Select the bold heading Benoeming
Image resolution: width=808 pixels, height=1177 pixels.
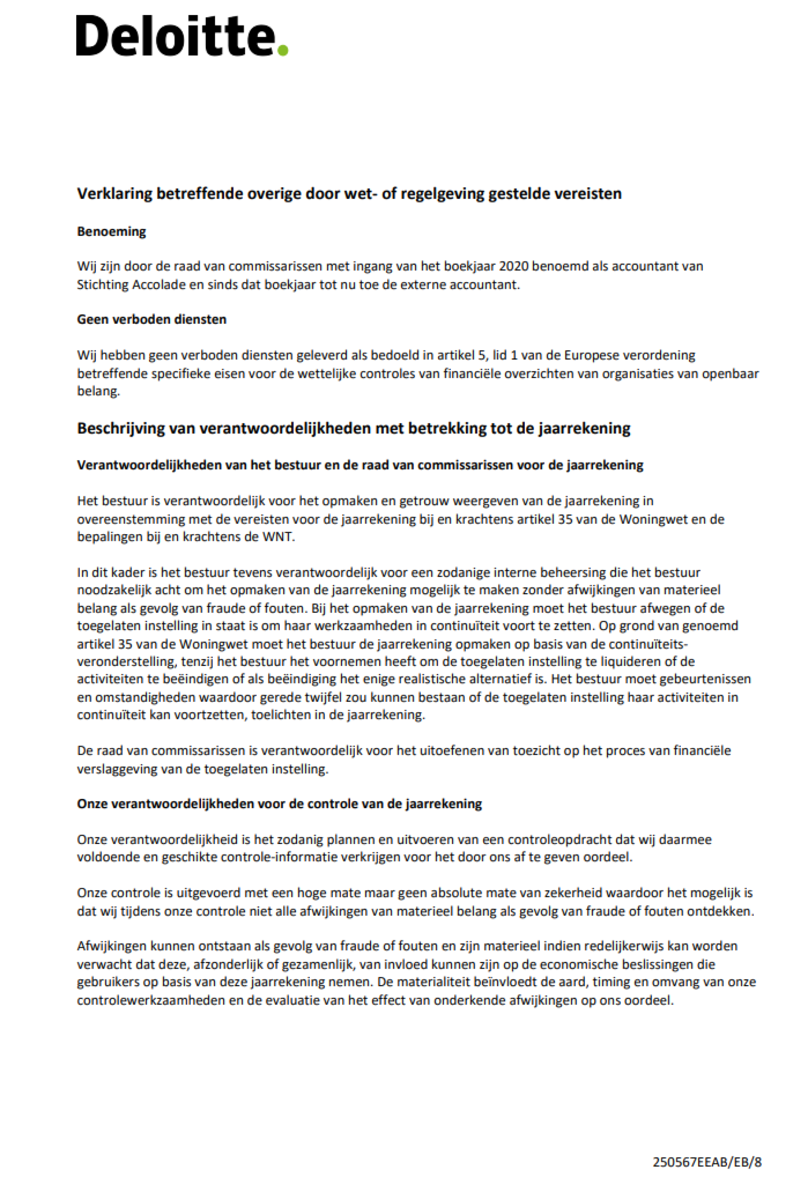click(x=112, y=232)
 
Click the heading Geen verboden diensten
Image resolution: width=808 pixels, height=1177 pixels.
click(x=151, y=319)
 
